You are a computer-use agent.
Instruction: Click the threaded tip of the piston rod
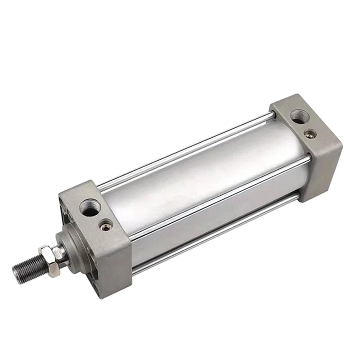(x=25, y=269)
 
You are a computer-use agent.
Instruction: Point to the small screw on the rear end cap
(x=310, y=133)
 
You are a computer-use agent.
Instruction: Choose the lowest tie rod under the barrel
(x=207, y=234)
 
